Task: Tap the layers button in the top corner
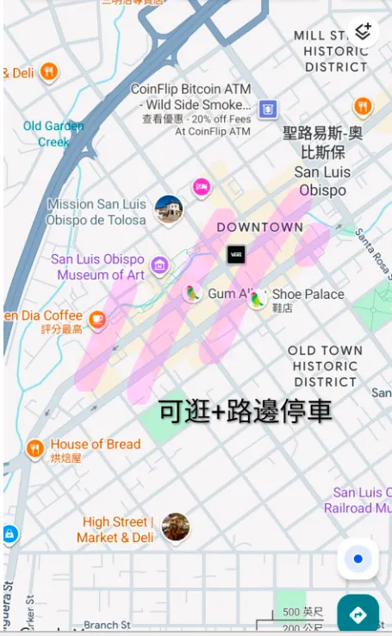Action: pos(363,32)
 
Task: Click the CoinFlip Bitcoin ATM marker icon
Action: pos(268,109)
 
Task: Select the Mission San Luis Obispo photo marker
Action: pos(169,209)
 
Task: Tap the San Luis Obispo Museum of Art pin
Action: pos(159,265)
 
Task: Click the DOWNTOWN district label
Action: pos(259,228)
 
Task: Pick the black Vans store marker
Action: pos(236,254)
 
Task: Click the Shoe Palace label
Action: pos(308,295)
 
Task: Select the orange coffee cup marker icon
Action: pos(97,320)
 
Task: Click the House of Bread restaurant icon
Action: pos(35,447)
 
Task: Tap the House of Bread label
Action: pos(95,445)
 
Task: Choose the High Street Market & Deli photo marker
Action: pos(176,527)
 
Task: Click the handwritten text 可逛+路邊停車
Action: pos(246,411)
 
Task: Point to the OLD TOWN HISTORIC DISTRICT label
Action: pos(325,366)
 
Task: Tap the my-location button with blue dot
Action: pos(358,559)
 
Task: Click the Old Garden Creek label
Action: pos(53,134)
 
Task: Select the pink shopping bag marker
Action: pos(202,186)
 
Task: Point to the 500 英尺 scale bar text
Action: pos(302,612)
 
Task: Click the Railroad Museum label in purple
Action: pos(359,501)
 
